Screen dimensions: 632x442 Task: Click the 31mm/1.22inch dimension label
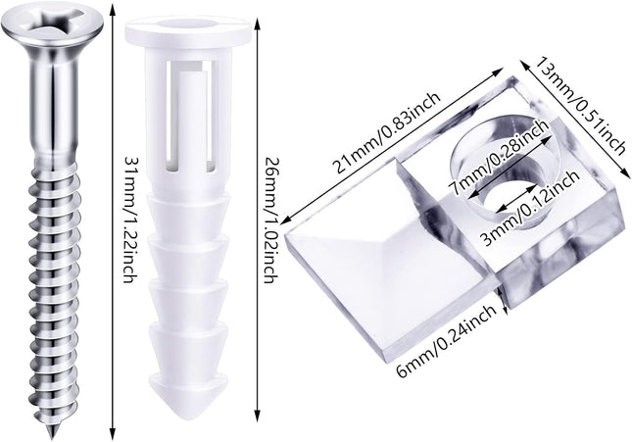click(129, 219)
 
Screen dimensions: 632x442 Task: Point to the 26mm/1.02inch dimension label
click(269, 219)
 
